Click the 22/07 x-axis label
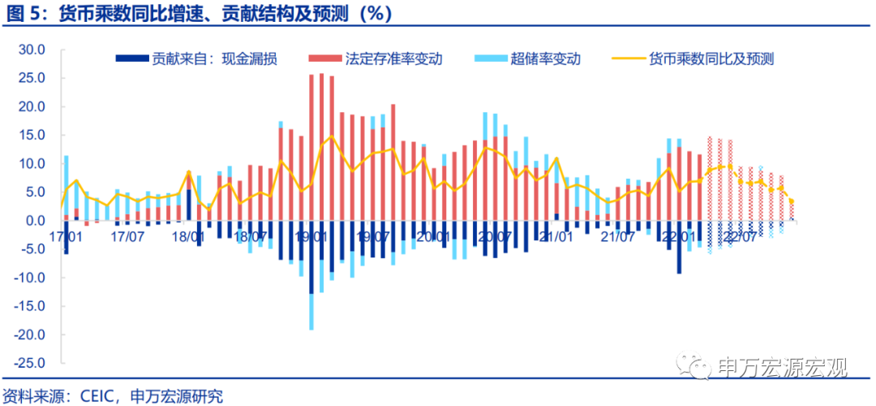pos(739,237)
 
